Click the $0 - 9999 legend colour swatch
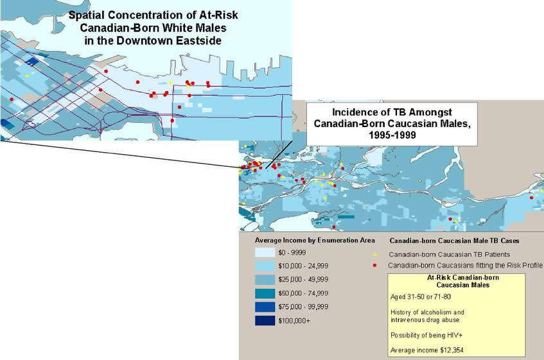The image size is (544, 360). click(x=265, y=252)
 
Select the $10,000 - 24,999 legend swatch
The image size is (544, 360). click(x=265, y=266)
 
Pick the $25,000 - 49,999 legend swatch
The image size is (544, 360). click(x=265, y=279)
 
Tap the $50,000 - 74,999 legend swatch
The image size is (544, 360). click(x=265, y=293)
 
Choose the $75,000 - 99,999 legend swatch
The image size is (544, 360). click(x=265, y=307)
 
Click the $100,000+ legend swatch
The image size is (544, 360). click(x=265, y=320)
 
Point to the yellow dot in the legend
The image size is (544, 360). click(x=374, y=255)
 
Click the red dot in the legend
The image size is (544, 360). click(x=374, y=266)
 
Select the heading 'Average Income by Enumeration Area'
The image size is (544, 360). click(x=315, y=240)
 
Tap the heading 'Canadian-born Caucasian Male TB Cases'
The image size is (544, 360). click(x=454, y=241)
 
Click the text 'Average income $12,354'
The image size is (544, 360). click(x=426, y=350)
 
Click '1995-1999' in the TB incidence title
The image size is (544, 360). click(x=392, y=135)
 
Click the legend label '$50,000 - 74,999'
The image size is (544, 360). click(x=303, y=293)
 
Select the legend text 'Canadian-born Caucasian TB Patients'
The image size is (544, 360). click(x=450, y=254)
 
